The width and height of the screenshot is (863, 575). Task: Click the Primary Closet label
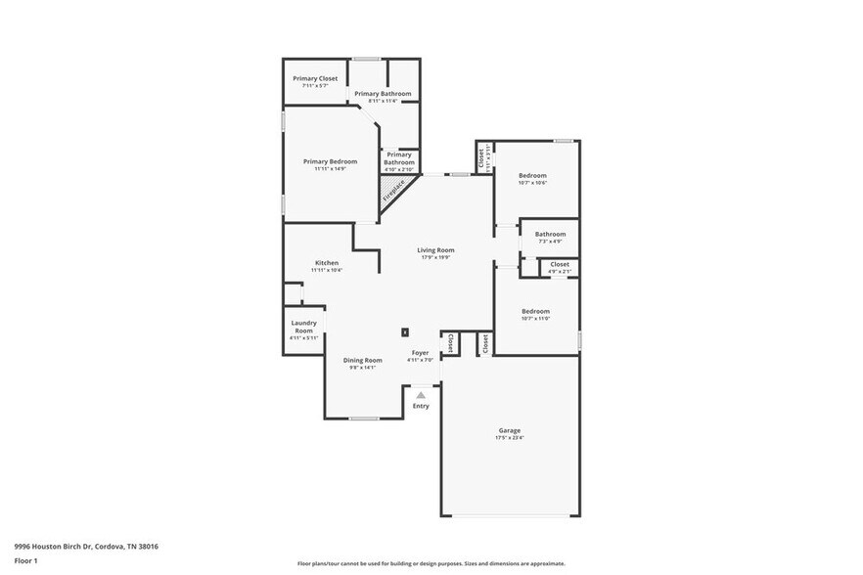point(315,78)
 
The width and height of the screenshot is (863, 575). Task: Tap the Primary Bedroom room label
point(330,161)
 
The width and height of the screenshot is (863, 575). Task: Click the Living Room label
point(436,250)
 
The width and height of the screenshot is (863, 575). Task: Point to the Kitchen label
point(327,263)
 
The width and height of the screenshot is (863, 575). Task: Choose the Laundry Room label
point(303,327)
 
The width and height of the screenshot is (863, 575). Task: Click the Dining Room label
point(363,360)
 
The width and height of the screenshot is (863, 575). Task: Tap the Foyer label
point(420,352)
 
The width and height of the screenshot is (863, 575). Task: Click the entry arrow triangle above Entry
point(421,394)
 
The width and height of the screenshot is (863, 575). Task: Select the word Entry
point(421,406)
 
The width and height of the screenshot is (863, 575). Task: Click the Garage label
point(509,430)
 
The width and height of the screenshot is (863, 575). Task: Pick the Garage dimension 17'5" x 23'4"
point(509,438)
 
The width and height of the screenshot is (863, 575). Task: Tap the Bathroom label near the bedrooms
point(550,234)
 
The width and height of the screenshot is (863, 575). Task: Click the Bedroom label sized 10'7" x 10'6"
point(532,176)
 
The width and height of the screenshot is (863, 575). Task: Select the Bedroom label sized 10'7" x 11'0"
point(535,312)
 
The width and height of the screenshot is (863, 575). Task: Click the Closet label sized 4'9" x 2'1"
point(560,264)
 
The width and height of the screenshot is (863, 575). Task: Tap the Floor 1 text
point(25,560)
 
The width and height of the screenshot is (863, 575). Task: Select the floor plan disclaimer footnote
point(431,564)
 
